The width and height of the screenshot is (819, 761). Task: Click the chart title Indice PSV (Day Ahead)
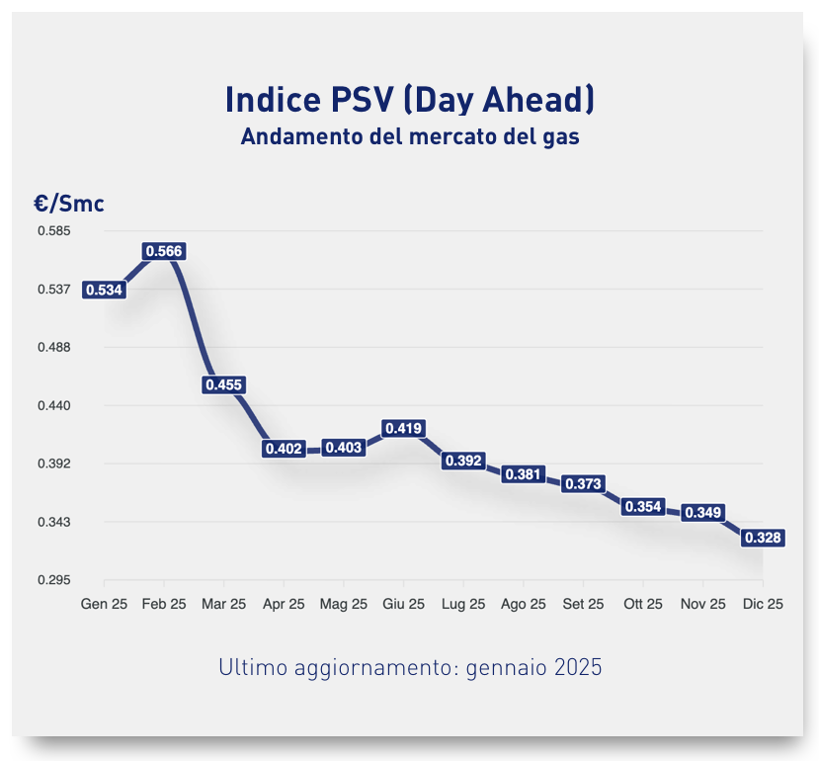coord(409,99)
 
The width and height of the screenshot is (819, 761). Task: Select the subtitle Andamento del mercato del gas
coord(409,137)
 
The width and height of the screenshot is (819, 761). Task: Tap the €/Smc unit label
coord(68,204)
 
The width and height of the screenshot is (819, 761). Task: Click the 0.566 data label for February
coord(164,251)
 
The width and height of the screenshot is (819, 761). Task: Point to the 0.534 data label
coord(104,290)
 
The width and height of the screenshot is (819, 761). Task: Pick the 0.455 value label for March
coord(223,385)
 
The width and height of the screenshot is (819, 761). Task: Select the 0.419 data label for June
coord(404,428)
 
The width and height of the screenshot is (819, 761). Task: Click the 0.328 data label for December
coord(763,538)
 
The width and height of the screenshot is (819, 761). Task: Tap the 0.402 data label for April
coord(284,449)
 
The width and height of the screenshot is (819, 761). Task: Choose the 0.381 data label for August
coord(524,474)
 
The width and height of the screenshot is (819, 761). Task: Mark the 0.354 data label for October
coord(643,506)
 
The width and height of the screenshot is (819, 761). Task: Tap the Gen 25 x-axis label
coord(104,604)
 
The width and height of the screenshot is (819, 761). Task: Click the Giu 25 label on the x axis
coord(404,604)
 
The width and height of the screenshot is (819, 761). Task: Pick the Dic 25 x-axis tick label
coord(763,604)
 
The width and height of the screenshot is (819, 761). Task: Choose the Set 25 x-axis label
coord(583,604)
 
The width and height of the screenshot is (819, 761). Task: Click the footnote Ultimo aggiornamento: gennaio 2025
coord(409,667)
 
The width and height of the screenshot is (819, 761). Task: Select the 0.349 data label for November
coord(702,512)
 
